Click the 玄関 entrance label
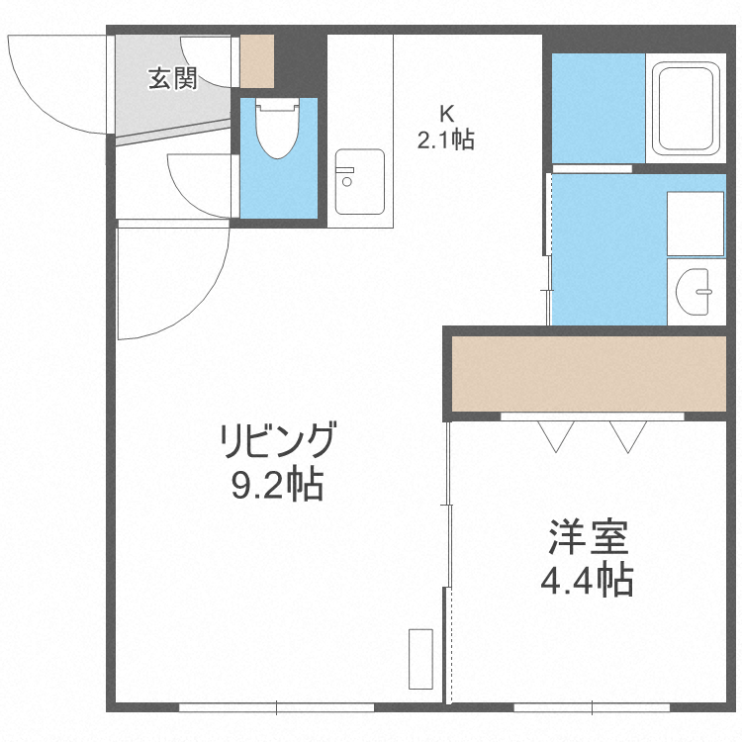pos(173,79)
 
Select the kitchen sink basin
pos(358,181)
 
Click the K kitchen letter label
pos(446,111)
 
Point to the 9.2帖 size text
pos(278,485)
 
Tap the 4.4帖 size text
pos(588,581)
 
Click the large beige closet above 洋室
pos(589,373)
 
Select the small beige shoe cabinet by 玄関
pos(257,61)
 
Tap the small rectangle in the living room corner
pos(420,658)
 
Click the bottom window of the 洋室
pos(592,706)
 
